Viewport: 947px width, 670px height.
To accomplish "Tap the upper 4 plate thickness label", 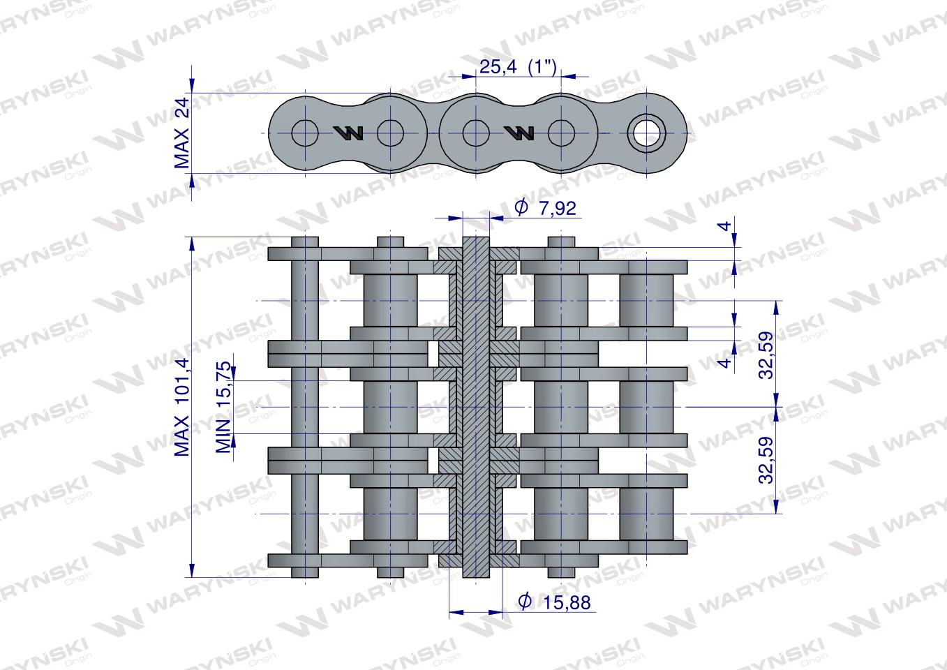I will point(726,225).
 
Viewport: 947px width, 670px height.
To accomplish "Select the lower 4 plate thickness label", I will point(726,362).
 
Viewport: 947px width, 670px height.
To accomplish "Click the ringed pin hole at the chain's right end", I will point(646,133).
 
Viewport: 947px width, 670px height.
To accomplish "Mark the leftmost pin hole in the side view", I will point(305,133).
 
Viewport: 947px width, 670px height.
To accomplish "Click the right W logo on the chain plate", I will point(519,133).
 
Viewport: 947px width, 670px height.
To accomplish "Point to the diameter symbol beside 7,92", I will point(521,208).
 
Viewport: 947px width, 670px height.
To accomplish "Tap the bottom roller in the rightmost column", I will point(647,514).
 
